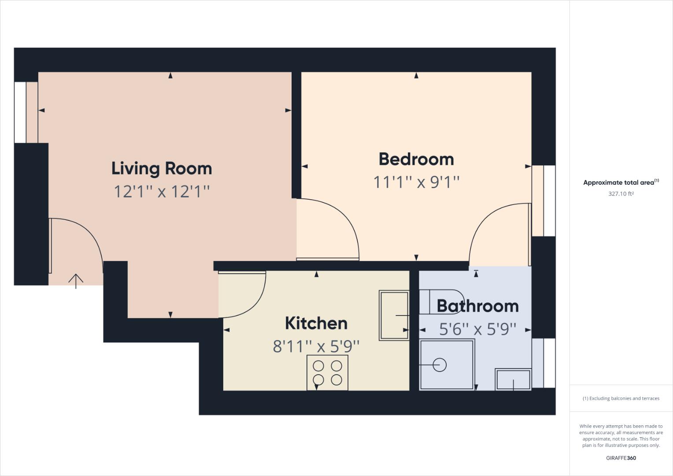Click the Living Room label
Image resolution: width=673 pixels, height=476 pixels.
(x=162, y=168)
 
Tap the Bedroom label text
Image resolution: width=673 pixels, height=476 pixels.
(x=416, y=159)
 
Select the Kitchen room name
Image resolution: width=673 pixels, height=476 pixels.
(x=316, y=323)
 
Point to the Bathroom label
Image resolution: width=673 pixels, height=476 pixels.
(x=477, y=306)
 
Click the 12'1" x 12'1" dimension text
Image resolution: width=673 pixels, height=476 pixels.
(x=162, y=192)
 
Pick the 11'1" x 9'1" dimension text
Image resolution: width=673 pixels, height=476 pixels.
(x=416, y=182)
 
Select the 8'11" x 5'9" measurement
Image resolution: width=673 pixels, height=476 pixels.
(x=316, y=346)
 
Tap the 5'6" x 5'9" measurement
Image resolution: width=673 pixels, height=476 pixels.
(x=477, y=329)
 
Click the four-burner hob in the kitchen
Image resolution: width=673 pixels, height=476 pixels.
(x=327, y=372)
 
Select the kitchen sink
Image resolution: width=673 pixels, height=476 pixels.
(x=394, y=315)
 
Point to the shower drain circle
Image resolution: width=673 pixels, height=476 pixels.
(x=440, y=365)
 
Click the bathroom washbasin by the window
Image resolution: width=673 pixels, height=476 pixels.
(x=513, y=379)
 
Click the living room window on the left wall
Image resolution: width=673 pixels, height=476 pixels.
(x=20, y=112)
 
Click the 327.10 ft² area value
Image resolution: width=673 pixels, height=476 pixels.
(x=621, y=193)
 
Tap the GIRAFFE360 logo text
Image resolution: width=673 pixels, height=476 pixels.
(x=621, y=458)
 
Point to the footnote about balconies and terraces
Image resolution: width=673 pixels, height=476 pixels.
(x=621, y=398)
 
